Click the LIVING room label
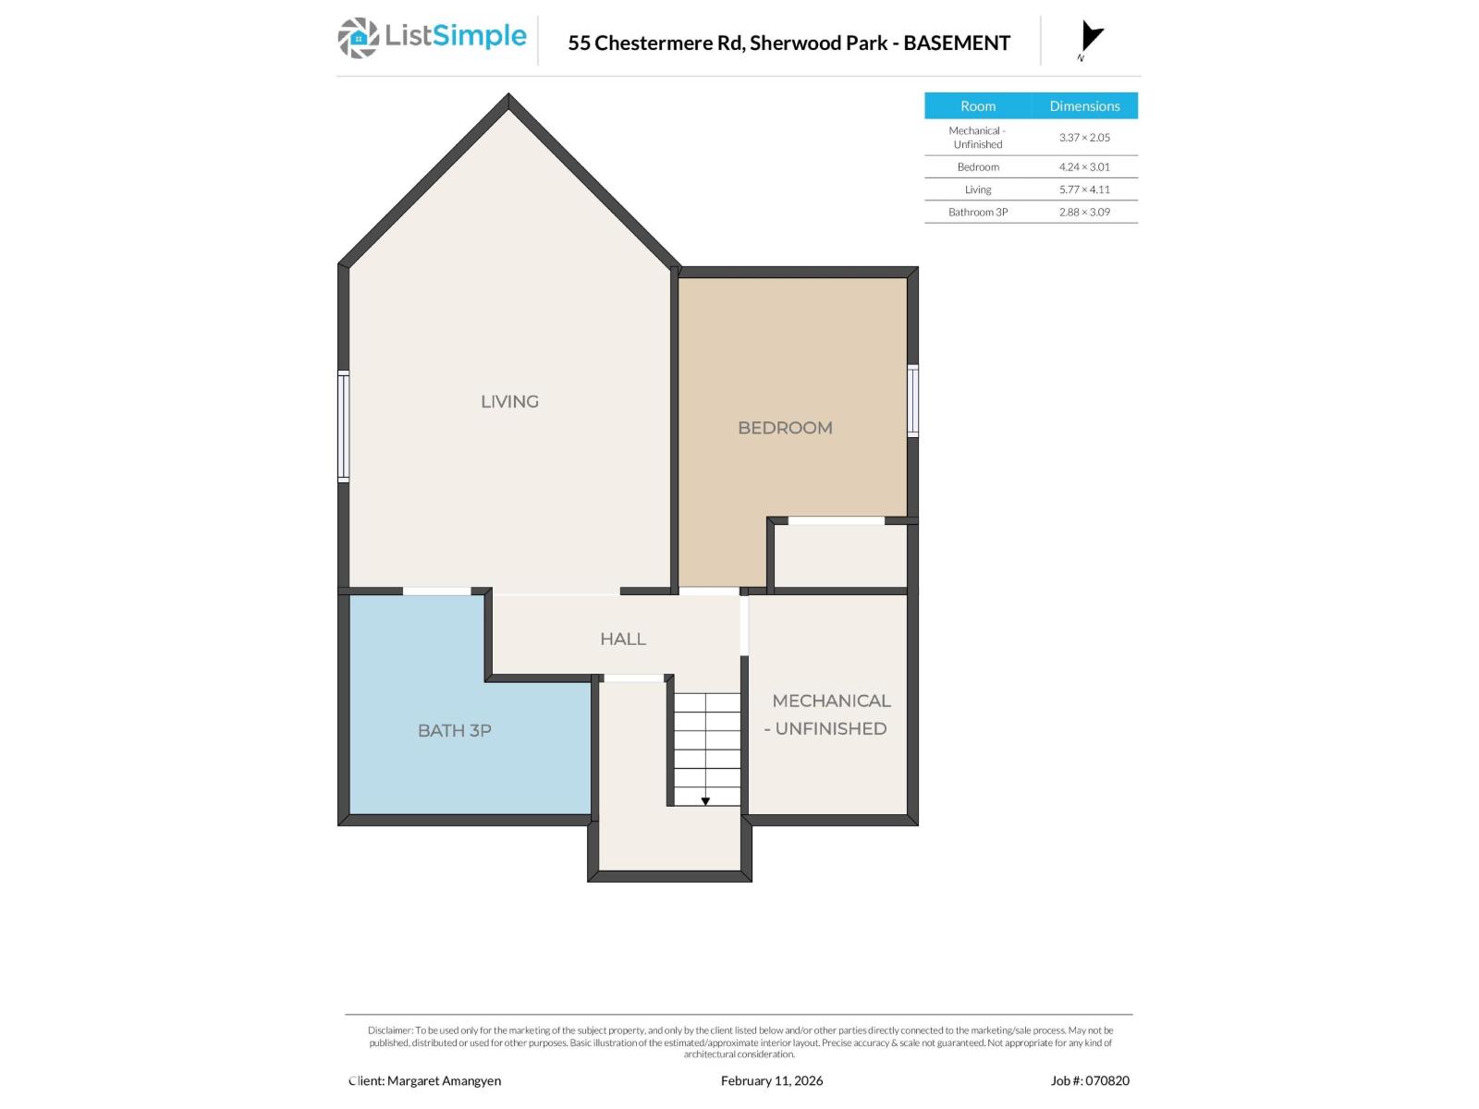coord(509,401)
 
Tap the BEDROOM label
coord(785,427)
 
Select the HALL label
coord(622,639)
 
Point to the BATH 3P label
coord(454,730)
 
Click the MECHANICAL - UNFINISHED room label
coord(829,714)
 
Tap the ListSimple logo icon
coord(358,38)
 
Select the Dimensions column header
coord(1084,106)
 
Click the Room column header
coord(977,106)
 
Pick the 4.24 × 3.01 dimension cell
coord(1084,167)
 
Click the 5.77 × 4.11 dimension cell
coord(1084,189)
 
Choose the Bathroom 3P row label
coord(977,212)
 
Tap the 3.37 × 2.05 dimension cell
coord(1084,137)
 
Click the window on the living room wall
coord(344,426)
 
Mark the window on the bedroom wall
coord(912,400)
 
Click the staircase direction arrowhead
coord(705,801)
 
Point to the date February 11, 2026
coord(772,1080)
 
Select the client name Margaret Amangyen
coord(444,1080)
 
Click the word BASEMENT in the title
coord(957,43)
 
